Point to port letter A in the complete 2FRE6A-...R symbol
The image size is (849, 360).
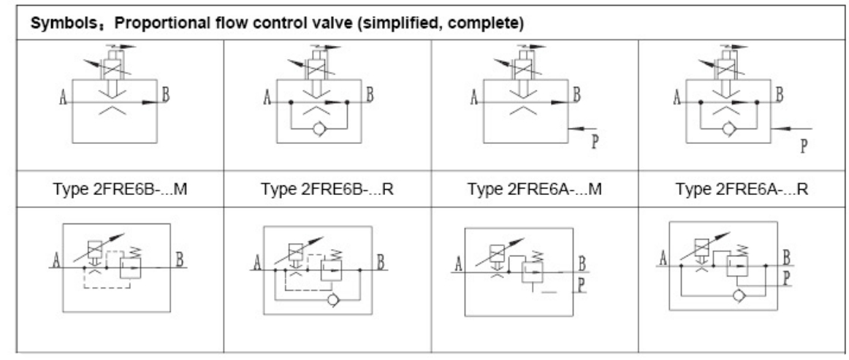click(x=663, y=256)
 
